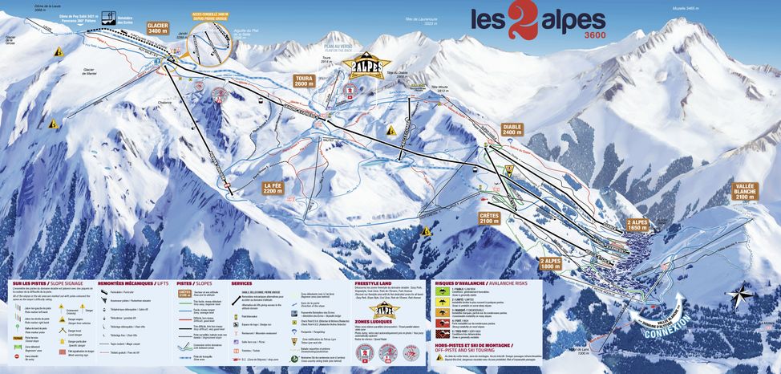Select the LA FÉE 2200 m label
click(x=274, y=189)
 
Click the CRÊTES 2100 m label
click(x=489, y=218)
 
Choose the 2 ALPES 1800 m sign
click(x=551, y=264)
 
